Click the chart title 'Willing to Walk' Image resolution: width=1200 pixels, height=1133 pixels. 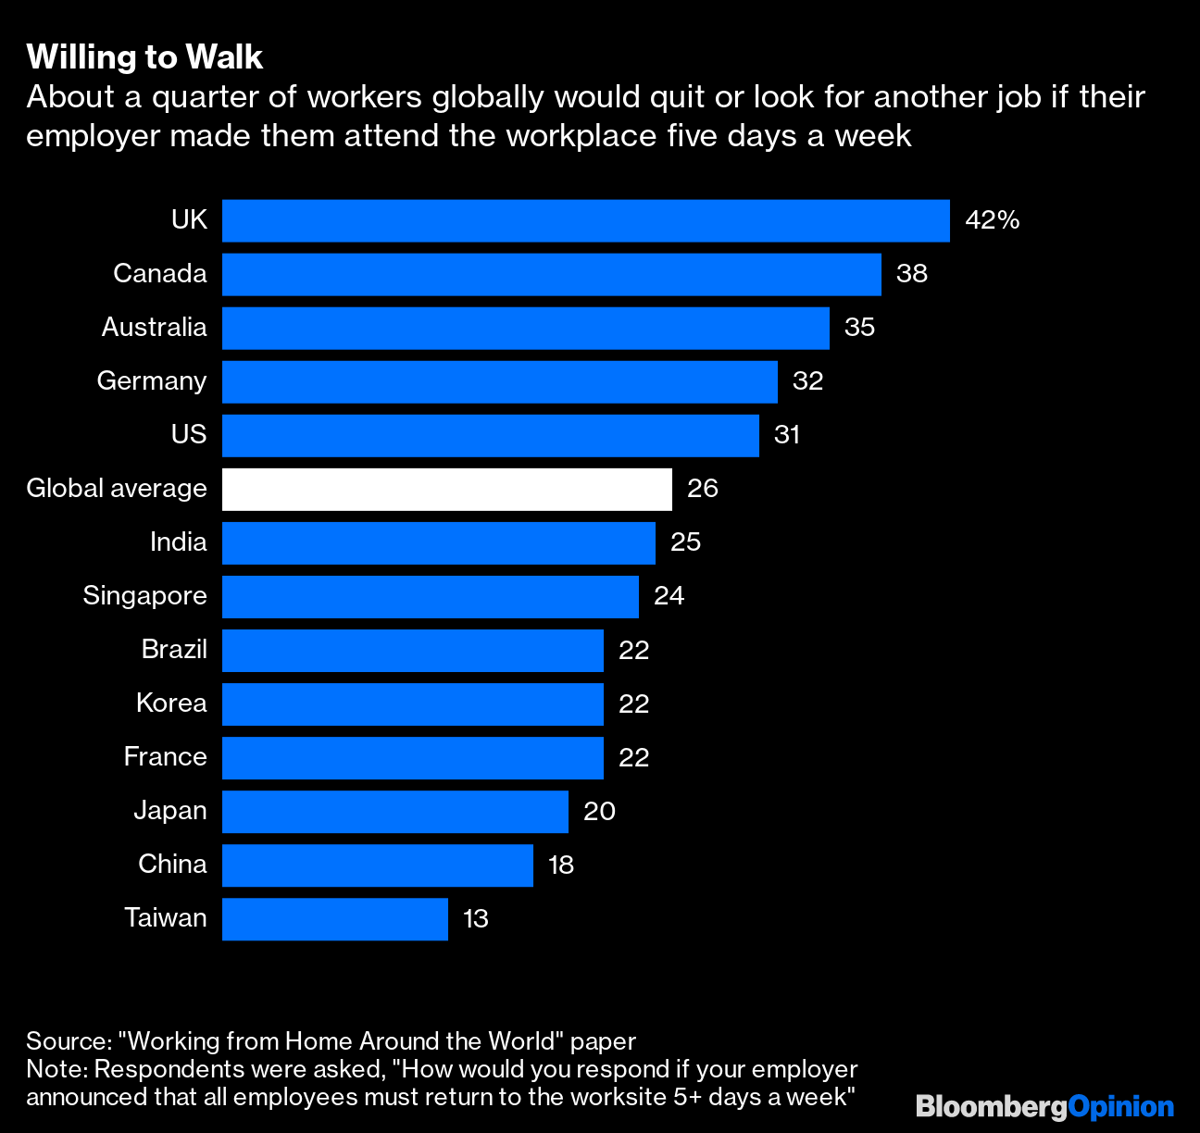144,57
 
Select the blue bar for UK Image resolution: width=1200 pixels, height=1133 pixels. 585,220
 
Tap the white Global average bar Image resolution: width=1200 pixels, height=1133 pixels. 446,489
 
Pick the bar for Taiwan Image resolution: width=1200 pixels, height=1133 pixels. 334,918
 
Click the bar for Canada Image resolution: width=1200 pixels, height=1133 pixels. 551,274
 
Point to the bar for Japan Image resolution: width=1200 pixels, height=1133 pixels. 394,811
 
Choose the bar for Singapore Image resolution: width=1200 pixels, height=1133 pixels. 430,596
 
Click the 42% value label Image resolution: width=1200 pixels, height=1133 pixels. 992,220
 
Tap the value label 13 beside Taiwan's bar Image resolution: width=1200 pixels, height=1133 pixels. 475,918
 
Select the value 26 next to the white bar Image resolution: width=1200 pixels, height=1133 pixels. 702,489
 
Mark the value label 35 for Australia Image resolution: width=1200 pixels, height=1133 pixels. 859,328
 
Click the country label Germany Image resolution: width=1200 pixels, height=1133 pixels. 152,381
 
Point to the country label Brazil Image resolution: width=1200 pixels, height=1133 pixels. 174,650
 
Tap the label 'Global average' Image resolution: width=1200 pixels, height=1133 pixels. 117,489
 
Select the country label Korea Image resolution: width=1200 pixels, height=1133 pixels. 171,703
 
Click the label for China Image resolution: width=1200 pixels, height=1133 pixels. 172,865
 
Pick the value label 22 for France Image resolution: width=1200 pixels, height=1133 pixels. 633,757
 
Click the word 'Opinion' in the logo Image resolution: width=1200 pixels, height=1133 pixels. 1120,1106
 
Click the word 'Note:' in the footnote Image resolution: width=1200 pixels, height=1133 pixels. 56,1069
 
